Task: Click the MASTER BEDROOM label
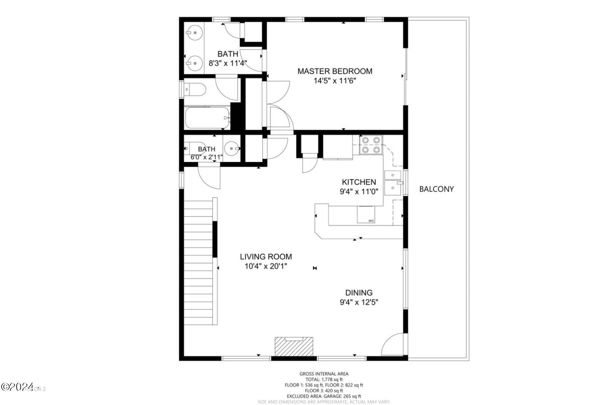[x=335, y=71]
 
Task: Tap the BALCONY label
[x=436, y=189]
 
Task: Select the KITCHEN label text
[x=359, y=182]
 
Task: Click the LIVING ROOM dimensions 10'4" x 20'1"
[x=266, y=266]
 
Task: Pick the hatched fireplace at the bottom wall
[x=294, y=347]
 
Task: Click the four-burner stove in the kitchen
[x=371, y=144]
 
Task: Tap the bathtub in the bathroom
[x=207, y=118]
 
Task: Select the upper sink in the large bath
[x=193, y=33]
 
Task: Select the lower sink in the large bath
[x=193, y=63]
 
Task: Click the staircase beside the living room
[x=198, y=262]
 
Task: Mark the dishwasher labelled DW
[x=366, y=215]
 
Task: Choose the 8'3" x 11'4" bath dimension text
[x=228, y=63]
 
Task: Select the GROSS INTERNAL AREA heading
[x=324, y=374]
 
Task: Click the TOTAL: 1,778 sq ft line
[x=324, y=379]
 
